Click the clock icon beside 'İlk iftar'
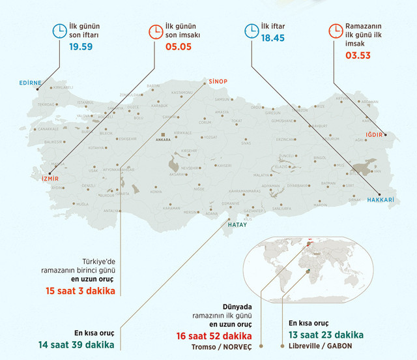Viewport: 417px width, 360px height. coord(251,31)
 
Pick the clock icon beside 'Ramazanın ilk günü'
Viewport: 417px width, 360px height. coord(335,31)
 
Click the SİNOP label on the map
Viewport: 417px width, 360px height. coord(217,81)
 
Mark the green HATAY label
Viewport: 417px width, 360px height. coord(237,225)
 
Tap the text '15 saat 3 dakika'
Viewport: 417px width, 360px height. coord(81,290)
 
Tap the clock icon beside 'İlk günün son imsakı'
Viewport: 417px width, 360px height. coord(156,31)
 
